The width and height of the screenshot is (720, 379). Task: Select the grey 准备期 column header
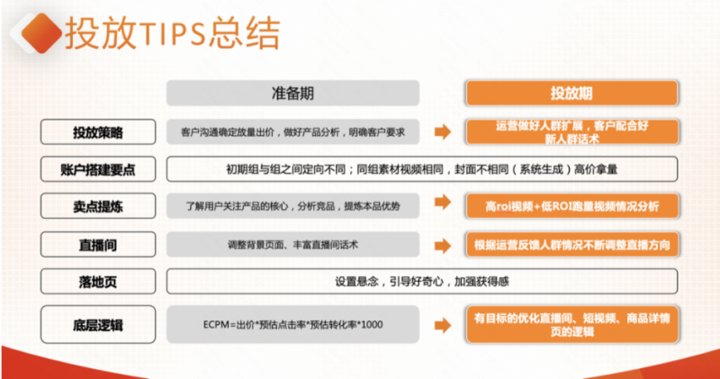tap(293, 94)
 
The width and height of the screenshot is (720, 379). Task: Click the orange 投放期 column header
tap(571, 94)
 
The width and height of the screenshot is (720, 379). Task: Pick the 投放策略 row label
tap(98, 132)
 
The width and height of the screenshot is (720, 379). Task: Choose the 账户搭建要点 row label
tap(98, 168)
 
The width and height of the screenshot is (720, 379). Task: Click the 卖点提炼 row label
tap(98, 206)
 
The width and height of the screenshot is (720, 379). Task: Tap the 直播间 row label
tap(98, 245)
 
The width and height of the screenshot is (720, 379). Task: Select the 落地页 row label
tap(98, 282)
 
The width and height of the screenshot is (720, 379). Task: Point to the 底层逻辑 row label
tap(98, 323)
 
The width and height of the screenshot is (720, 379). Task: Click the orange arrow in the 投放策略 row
tap(442, 132)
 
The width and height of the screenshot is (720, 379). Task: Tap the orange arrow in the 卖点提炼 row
tap(442, 206)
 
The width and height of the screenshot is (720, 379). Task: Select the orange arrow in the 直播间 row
tap(442, 245)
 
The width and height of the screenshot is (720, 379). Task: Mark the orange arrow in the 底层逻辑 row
tap(442, 323)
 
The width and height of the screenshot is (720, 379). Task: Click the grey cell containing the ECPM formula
tap(293, 323)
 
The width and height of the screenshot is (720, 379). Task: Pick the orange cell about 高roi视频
tap(571, 206)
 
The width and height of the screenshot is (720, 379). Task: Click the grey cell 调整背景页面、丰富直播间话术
tap(293, 245)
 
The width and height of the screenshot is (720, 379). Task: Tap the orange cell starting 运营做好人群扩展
tap(571, 132)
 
